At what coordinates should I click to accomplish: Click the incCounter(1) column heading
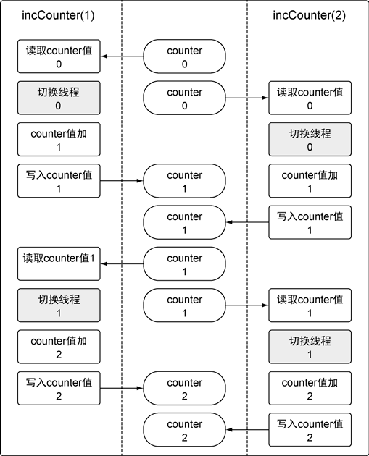[x=58, y=15]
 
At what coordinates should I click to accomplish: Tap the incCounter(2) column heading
[x=310, y=15]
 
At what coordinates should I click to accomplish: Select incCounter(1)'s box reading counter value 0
[x=59, y=56]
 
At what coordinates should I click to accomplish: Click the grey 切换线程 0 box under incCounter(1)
[x=59, y=98]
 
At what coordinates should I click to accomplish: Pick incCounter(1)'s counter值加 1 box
[x=59, y=139]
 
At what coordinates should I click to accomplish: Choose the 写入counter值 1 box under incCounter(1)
[x=59, y=181]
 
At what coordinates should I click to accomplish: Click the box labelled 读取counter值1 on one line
[x=59, y=263]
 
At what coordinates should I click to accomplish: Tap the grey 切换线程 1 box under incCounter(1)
[x=59, y=305]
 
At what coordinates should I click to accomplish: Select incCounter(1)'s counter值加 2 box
[x=59, y=347]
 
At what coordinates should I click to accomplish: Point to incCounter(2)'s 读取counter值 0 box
[x=310, y=98]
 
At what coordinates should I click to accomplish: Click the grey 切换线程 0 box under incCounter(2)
[x=310, y=139]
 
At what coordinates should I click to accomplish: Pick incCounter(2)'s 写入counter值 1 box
[x=310, y=222]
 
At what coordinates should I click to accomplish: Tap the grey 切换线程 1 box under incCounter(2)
[x=310, y=347]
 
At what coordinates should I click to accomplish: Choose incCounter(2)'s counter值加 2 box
[x=310, y=388]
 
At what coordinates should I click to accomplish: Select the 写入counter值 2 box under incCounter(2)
[x=310, y=430]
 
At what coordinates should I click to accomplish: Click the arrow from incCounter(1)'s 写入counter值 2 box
[x=122, y=388]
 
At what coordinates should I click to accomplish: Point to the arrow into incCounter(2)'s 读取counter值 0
[x=247, y=98]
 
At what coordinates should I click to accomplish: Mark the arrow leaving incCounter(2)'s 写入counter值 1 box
[x=247, y=222]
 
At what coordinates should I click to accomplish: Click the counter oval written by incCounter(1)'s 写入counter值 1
[x=184, y=181]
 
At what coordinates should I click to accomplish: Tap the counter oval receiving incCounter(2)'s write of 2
[x=184, y=430]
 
